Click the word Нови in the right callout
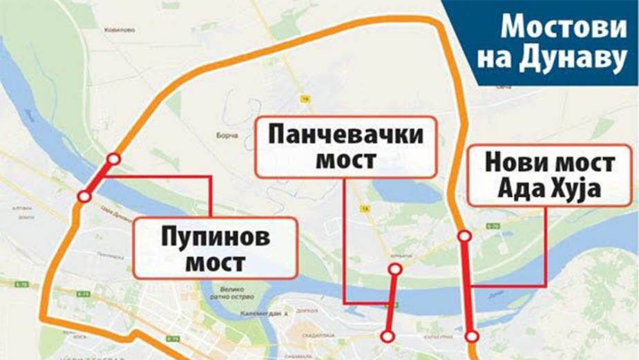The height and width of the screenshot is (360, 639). [514, 163]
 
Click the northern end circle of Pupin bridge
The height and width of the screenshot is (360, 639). [114, 160]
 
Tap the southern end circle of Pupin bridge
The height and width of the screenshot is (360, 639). [84, 197]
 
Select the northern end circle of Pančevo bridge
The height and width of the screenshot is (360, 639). [395, 269]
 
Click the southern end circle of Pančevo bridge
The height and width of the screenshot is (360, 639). [388, 336]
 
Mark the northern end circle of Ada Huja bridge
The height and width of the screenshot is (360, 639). [465, 236]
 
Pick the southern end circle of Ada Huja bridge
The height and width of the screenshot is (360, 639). [472, 337]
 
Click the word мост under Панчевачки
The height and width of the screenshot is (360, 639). [347, 160]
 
